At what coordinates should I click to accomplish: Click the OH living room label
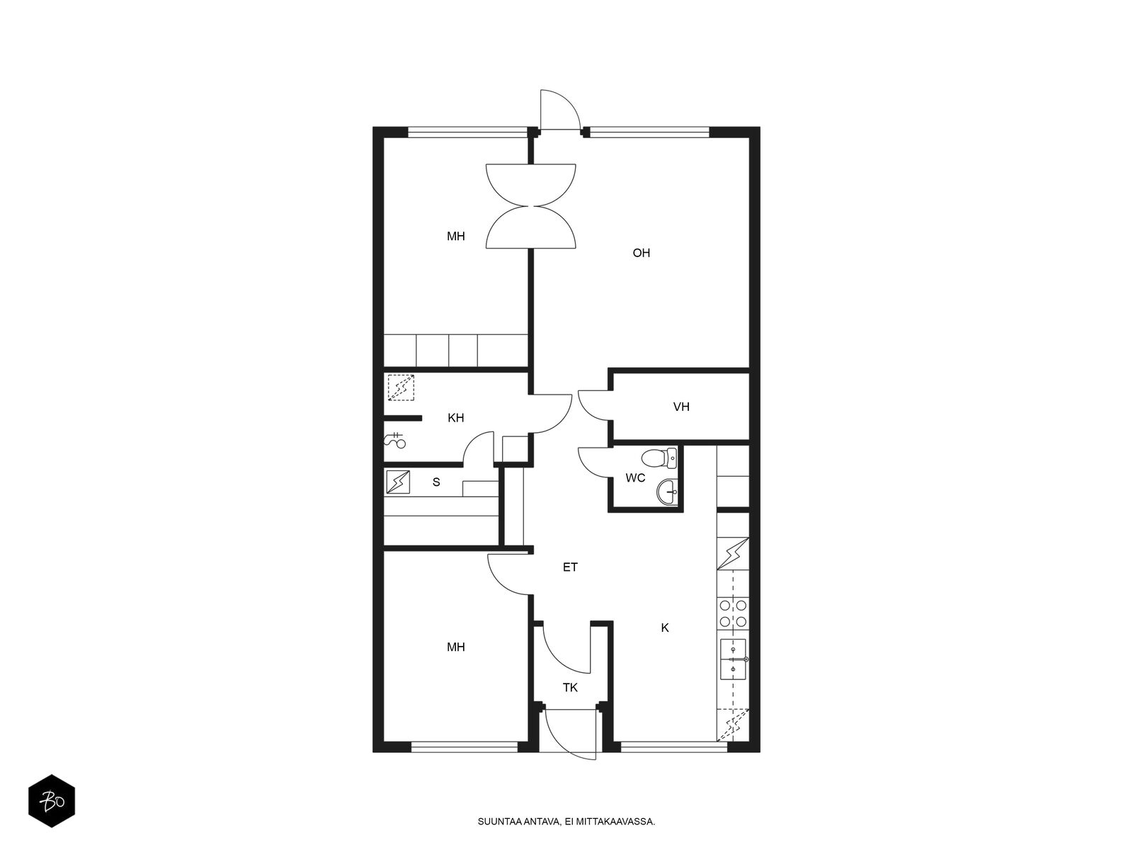[x=641, y=253]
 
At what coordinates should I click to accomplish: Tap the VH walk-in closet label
[x=681, y=407]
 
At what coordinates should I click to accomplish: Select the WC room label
[x=635, y=478]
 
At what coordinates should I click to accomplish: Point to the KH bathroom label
[x=455, y=417]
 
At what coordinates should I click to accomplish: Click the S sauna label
[x=436, y=482]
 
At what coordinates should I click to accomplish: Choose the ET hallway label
[x=570, y=567]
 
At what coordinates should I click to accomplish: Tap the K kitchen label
[x=665, y=628]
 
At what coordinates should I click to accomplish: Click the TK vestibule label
[x=570, y=687]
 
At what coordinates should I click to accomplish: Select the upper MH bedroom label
[x=455, y=237]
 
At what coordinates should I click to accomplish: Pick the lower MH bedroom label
[x=455, y=647]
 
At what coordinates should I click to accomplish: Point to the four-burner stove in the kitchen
[x=732, y=613]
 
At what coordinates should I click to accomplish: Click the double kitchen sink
[x=733, y=659]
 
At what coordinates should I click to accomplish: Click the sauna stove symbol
[x=397, y=482]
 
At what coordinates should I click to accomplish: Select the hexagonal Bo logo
[x=52, y=801]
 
